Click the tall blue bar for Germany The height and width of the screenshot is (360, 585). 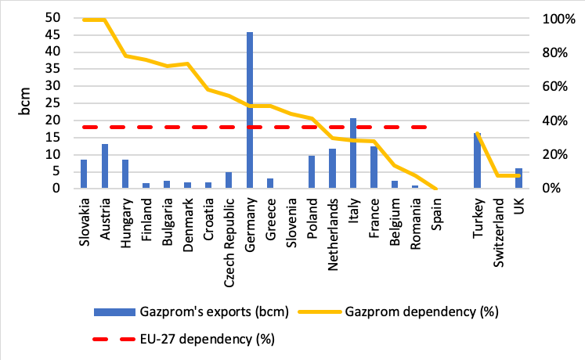pyautogui.click(x=250, y=110)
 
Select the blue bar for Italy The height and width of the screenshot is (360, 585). pyautogui.click(x=352, y=153)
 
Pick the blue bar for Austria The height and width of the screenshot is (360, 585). pyautogui.click(x=105, y=166)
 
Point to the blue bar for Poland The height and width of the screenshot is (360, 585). pyautogui.click(x=312, y=172)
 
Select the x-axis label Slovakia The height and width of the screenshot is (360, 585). pyautogui.click(x=85, y=224)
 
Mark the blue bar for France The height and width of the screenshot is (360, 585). pyautogui.click(x=374, y=167)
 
